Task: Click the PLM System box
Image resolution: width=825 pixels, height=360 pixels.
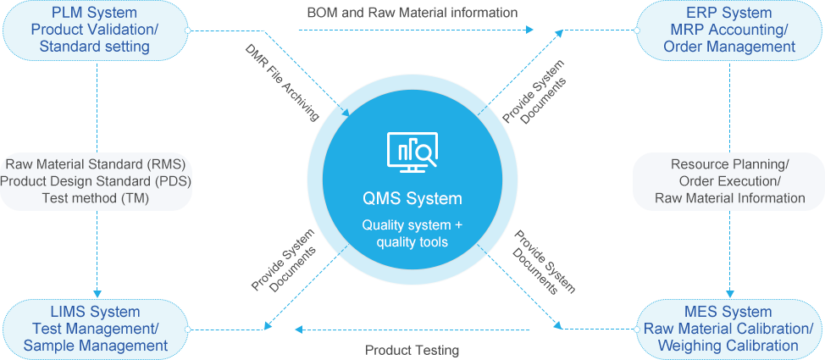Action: (95, 30)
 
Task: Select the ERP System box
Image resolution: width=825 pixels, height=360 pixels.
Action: (729, 30)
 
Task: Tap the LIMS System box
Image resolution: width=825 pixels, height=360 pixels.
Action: (95, 328)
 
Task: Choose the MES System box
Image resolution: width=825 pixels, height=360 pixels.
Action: (729, 328)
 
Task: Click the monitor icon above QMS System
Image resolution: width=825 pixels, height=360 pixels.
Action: (412, 152)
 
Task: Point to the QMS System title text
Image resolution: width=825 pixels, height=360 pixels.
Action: (412, 199)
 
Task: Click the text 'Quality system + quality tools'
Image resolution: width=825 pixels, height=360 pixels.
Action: (412, 234)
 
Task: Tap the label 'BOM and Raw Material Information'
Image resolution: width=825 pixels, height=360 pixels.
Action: (412, 13)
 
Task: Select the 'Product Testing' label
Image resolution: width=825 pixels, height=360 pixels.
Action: (412, 350)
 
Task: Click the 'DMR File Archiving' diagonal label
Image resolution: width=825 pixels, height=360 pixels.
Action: (282, 82)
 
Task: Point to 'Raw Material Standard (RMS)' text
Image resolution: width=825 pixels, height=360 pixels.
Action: (95, 163)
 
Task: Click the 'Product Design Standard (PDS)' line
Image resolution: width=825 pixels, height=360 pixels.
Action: (95, 180)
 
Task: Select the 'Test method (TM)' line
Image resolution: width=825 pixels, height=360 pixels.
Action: (95, 198)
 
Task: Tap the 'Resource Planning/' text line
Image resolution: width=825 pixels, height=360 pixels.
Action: (729, 163)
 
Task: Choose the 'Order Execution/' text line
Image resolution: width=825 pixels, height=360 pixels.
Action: (729, 180)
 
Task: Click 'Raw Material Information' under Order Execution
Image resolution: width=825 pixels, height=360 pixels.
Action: (729, 198)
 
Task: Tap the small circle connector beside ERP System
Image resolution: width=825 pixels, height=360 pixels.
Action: (636, 30)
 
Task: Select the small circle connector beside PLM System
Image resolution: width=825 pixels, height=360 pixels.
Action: (188, 30)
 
